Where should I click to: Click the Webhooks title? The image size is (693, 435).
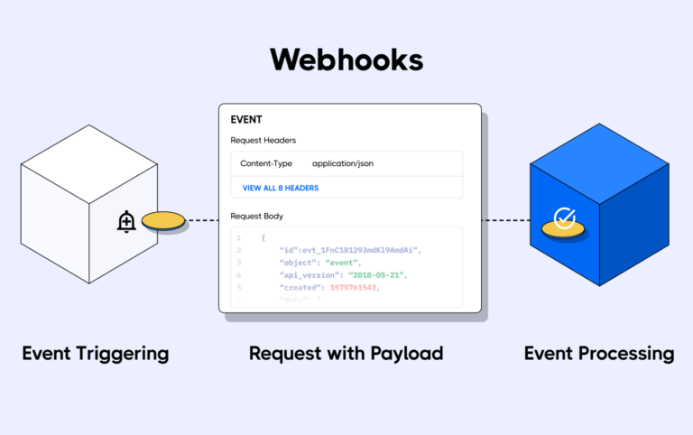pyautogui.click(x=346, y=59)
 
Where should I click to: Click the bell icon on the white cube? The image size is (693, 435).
pyautogui.click(x=126, y=221)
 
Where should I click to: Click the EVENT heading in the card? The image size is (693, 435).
pyautogui.click(x=246, y=119)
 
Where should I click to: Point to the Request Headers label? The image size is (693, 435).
pyautogui.click(x=263, y=140)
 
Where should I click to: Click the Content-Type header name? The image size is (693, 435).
pyautogui.click(x=265, y=163)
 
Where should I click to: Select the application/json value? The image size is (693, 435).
pyautogui.click(x=343, y=163)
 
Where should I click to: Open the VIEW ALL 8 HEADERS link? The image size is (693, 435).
pyautogui.click(x=281, y=188)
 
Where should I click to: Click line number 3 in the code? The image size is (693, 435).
pyautogui.click(x=238, y=263)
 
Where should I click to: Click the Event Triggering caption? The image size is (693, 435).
pyautogui.click(x=95, y=353)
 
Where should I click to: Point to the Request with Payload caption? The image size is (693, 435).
pyautogui.click(x=346, y=353)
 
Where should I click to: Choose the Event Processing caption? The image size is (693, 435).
pyautogui.click(x=598, y=353)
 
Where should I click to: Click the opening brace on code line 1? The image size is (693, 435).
pyautogui.click(x=263, y=238)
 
